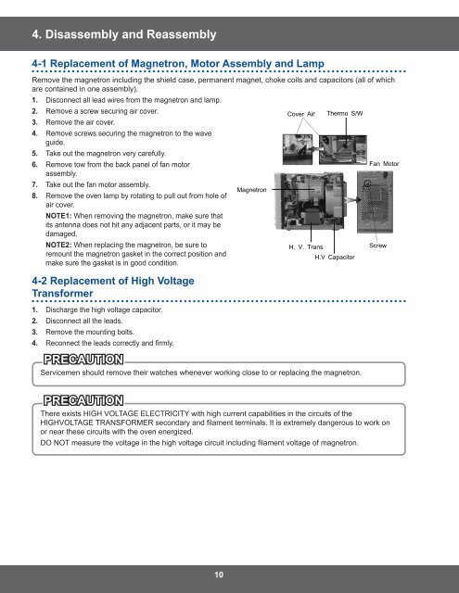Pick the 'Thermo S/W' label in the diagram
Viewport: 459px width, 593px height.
(345, 111)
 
